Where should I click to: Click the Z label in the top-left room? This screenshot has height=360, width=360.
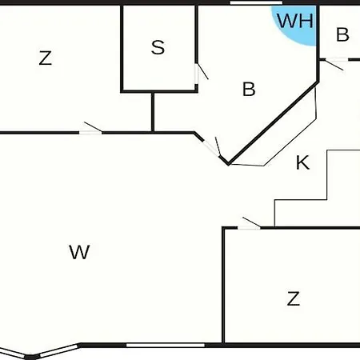click(45, 58)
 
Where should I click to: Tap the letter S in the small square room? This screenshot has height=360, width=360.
click(158, 47)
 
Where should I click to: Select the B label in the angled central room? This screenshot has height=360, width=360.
click(249, 89)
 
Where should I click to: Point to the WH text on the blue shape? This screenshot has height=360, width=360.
click(294, 21)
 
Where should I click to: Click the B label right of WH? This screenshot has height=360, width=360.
click(342, 34)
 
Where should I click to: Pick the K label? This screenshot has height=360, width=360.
click(303, 162)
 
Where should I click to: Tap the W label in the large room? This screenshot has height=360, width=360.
click(79, 252)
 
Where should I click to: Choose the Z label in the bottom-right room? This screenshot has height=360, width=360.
click(294, 298)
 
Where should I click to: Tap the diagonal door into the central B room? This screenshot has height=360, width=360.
click(211, 149)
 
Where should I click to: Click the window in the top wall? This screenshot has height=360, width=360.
click(256, 3)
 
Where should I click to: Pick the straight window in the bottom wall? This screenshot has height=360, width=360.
click(166, 346)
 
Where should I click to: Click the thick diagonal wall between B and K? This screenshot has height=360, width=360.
click(274, 123)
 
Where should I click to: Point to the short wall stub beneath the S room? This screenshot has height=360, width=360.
click(153, 112)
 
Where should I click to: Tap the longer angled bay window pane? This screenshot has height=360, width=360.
click(59, 350)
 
